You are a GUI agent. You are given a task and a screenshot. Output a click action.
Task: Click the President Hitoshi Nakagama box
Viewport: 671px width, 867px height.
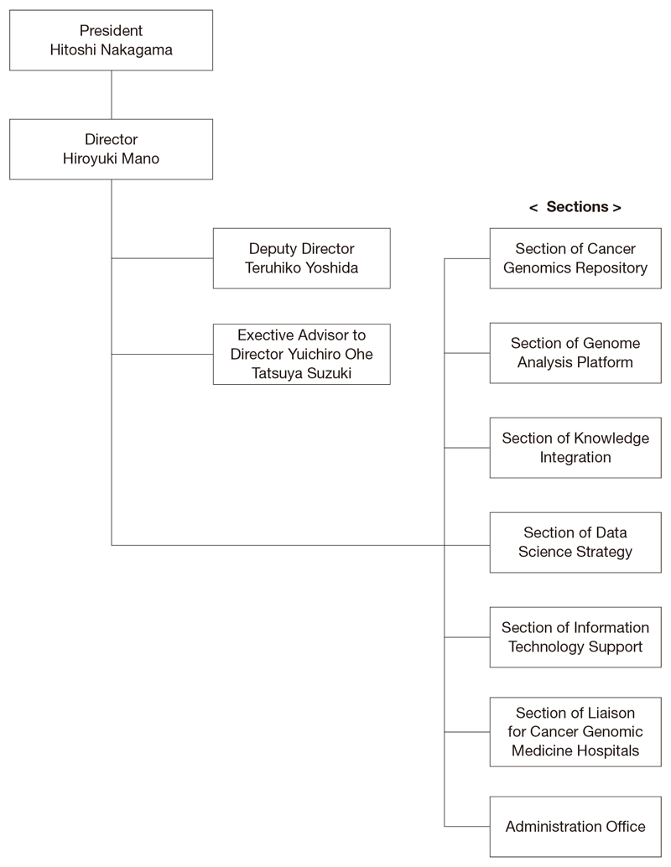(x=111, y=40)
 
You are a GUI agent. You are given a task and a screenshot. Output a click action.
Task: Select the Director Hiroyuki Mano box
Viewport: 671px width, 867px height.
(x=111, y=149)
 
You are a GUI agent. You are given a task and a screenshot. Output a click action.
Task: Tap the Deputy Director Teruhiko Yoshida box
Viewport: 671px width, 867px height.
(x=301, y=258)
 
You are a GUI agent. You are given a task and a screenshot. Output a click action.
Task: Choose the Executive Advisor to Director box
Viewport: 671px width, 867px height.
(x=301, y=354)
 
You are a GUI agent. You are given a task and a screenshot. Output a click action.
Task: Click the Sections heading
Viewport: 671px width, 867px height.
(x=575, y=207)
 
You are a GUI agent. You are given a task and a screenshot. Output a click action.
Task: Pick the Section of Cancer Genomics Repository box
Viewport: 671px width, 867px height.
(x=575, y=258)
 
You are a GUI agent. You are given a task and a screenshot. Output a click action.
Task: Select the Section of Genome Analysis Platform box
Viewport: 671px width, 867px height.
(x=575, y=353)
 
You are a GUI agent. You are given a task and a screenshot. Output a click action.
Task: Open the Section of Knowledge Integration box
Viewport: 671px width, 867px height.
(x=575, y=448)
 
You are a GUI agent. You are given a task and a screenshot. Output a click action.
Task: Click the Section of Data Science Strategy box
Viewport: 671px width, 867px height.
(x=575, y=543)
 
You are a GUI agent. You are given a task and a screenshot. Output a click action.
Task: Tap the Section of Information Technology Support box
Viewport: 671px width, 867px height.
(x=575, y=637)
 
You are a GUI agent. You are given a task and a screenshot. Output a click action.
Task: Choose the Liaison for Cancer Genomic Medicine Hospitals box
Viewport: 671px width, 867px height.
(x=575, y=732)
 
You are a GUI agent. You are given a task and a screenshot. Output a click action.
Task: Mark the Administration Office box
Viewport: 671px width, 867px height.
(x=575, y=827)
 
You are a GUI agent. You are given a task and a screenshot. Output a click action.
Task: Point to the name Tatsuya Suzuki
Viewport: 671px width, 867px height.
(x=301, y=373)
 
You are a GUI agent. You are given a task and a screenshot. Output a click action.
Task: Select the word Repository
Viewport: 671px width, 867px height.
(x=611, y=268)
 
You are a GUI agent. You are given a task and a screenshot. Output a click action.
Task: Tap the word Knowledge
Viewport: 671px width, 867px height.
(x=611, y=439)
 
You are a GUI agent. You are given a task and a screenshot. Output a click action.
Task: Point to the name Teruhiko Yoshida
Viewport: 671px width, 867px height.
(x=301, y=268)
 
